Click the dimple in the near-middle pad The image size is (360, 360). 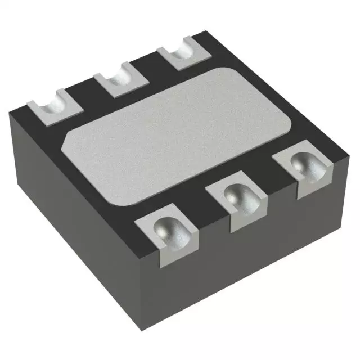tap(236, 196)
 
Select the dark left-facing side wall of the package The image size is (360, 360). tap(79, 225)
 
